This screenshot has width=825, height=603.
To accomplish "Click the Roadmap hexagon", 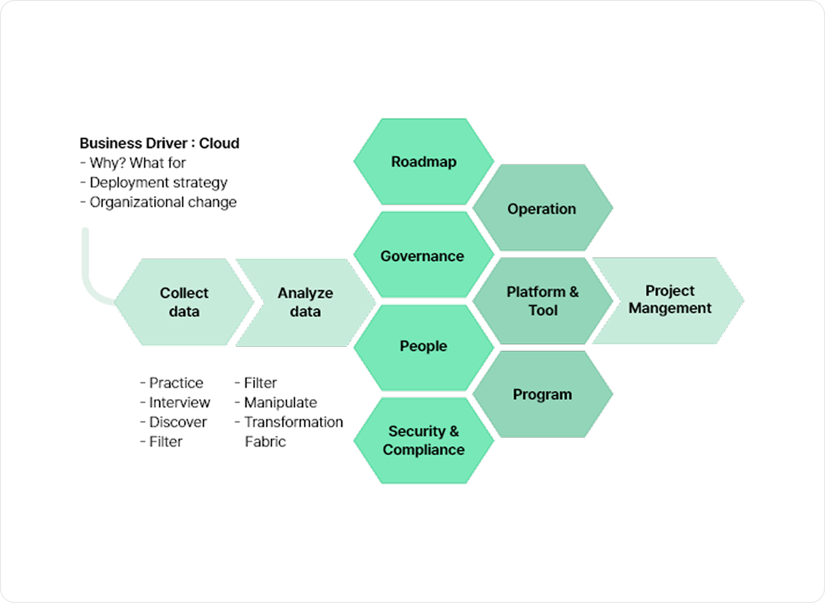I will pos(424,162).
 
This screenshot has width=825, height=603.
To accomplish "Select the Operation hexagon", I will pos(542,209).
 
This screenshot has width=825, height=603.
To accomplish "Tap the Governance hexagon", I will pos(423,256).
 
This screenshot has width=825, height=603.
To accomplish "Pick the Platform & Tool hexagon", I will pos(542,301).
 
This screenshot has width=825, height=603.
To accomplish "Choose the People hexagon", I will pos(424,346).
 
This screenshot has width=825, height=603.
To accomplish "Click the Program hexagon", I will pos(542,394).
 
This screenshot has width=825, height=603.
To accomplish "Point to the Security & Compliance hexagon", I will pos(424,440).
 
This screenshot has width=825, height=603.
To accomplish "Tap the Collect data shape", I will pos(184,302).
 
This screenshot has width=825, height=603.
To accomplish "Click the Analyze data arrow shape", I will pos(305,302).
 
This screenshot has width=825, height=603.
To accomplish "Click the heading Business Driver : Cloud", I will pos(160,143).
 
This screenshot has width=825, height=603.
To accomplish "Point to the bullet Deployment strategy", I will pos(158,183).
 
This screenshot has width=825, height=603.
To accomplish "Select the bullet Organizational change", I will pos(163,202).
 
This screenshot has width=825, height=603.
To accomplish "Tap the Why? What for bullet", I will pos(137,163).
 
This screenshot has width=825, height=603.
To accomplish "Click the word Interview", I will pos(179,402).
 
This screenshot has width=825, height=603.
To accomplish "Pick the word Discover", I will pos(178,422).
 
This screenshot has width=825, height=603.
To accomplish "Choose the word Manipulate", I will pos(280,402).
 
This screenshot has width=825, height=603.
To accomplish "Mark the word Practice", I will pos(176,383).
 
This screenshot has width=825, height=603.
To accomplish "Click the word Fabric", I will pos(265,442).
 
